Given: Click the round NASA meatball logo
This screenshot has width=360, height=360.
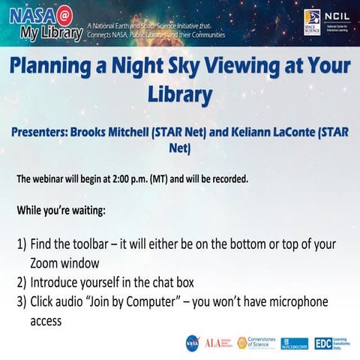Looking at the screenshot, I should [193, 343].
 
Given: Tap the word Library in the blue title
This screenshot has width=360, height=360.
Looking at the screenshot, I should [180, 95].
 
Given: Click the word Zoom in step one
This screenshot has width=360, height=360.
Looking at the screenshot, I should [46, 264].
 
